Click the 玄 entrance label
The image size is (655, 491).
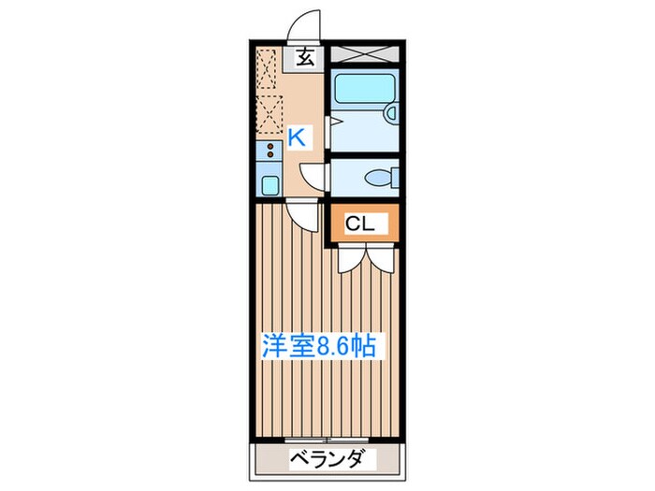(305, 58)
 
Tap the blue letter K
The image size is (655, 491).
(296, 137)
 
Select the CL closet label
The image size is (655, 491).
(361, 224)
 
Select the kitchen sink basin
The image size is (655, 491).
(269, 183)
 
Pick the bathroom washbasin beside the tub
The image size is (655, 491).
(392, 114)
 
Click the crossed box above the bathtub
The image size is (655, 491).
(365, 54)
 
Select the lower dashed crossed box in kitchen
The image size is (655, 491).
(269, 114)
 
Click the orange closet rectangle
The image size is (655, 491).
(362, 225)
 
